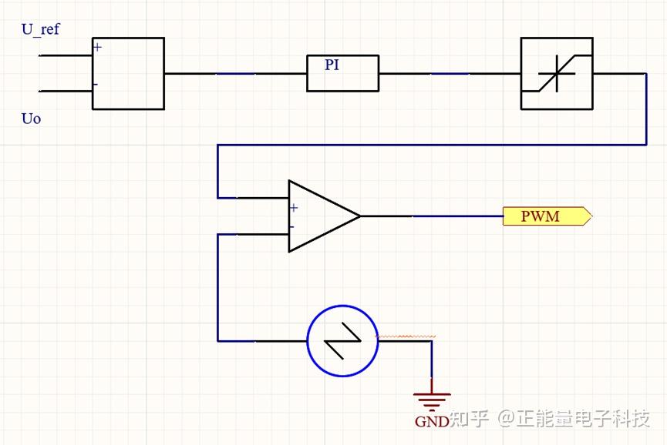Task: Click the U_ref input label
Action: tap(40, 30)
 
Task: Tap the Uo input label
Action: tap(31, 119)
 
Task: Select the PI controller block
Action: tap(342, 73)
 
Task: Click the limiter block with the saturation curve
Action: tap(557, 73)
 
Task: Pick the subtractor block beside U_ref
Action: tap(128, 73)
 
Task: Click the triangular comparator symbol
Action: tap(320, 216)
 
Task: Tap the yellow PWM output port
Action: tap(546, 216)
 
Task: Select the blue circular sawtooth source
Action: tap(342, 340)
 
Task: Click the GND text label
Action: tap(431, 422)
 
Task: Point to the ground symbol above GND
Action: tap(432, 400)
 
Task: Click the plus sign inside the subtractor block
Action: tap(97, 47)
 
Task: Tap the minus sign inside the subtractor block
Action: tap(96, 84)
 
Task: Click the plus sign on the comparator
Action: tap(294, 207)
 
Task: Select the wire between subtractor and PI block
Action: tap(235, 74)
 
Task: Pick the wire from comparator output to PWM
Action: tap(432, 216)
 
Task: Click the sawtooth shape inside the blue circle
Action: tap(342, 340)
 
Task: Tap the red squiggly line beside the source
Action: tap(406, 336)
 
